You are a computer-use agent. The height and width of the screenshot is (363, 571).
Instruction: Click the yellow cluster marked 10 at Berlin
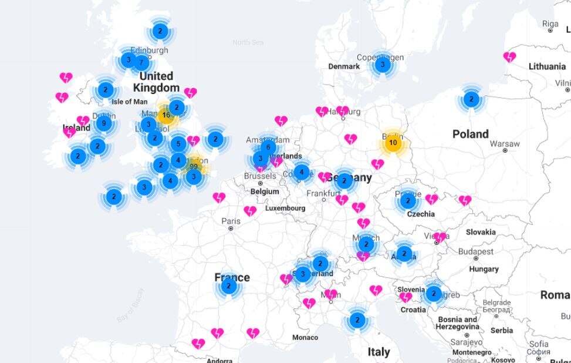(393, 143)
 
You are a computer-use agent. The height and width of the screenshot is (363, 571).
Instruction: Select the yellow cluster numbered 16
(167, 115)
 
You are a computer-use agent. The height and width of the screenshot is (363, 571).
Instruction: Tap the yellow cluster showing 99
(194, 167)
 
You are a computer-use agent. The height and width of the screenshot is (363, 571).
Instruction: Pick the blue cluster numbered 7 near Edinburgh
(141, 62)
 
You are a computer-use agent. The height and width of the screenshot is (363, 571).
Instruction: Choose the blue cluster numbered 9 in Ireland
(104, 123)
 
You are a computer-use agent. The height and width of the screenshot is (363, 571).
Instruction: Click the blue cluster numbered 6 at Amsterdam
(268, 147)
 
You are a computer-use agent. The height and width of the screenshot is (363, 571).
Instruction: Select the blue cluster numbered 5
(178, 143)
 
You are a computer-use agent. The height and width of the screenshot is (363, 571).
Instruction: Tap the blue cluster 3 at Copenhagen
(383, 65)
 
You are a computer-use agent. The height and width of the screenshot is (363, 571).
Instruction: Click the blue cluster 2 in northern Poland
(471, 99)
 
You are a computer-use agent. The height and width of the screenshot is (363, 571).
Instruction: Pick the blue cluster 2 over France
(228, 286)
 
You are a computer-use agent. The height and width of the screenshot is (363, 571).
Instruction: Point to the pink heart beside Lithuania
(509, 57)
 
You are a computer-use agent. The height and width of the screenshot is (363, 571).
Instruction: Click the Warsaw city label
(505, 143)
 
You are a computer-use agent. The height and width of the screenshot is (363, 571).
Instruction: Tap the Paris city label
(231, 221)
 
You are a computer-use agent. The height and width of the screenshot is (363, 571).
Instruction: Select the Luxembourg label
(285, 208)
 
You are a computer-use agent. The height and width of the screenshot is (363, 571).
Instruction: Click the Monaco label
(305, 337)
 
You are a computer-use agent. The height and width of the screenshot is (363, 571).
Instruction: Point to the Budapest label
(476, 251)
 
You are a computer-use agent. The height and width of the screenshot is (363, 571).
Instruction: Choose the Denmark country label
(344, 66)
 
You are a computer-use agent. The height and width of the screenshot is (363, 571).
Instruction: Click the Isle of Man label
(130, 102)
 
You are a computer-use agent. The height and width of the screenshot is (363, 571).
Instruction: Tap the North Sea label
(247, 42)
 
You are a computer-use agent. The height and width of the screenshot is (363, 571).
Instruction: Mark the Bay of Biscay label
(130, 305)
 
